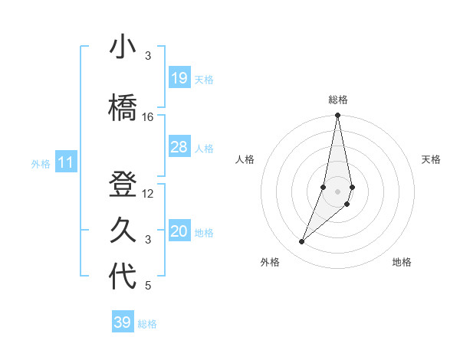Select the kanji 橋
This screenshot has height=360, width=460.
(123, 108)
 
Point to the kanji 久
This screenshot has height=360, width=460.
(123, 231)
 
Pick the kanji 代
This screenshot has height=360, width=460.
(123, 277)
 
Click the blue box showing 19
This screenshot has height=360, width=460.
(179, 78)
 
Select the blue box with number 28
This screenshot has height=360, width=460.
(179, 147)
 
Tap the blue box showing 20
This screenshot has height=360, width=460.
(179, 231)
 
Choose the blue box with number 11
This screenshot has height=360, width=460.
(66, 162)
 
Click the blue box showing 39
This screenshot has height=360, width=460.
(123, 322)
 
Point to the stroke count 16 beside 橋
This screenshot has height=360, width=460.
(148, 117)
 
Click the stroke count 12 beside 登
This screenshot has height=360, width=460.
(148, 194)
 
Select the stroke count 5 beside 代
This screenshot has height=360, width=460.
(148, 286)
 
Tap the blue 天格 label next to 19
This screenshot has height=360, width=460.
(204, 79)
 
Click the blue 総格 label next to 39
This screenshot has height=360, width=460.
(147, 324)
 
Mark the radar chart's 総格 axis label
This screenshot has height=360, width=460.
(337, 100)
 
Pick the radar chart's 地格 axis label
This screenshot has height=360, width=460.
(402, 263)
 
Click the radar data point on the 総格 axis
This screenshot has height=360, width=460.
(337, 116)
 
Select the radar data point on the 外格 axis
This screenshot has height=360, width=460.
(301, 241)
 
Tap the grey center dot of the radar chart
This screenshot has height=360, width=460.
(337, 190)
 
